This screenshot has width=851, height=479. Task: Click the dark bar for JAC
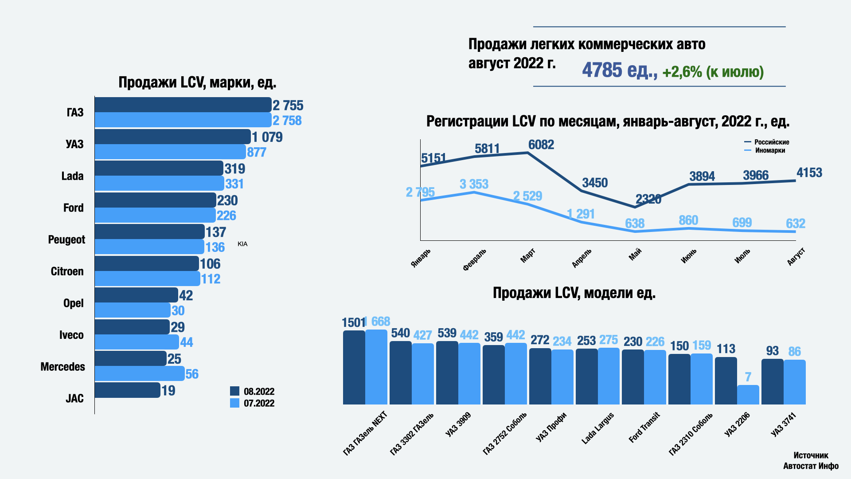tap(127, 390)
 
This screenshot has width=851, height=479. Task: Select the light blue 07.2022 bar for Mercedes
tap(139, 373)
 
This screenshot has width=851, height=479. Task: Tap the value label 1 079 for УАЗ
tap(267, 137)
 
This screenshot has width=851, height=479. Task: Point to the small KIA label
tap(242, 244)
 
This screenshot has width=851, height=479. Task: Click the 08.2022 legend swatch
tap(234, 391)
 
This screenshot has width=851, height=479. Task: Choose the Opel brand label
tap(73, 303)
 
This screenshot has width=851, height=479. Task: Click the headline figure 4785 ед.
tap(619, 70)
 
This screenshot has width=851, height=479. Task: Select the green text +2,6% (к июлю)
tap(713, 72)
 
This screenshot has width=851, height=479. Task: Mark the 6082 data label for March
tap(541, 145)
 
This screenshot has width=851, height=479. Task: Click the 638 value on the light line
tap(635, 223)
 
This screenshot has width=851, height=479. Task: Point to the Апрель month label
tap(582, 258)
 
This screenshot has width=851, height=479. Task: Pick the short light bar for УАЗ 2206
tap(748, 395)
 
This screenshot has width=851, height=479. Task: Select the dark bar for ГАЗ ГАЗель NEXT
tap(354, 367)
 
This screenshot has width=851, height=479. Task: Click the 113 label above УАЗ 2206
tap(726, 349)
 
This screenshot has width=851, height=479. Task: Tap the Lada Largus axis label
tap(597, 428)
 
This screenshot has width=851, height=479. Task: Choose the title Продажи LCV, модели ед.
tap(574, 293)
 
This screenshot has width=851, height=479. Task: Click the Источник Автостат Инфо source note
tap(811, 460)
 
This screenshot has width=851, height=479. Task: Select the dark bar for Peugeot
tap(149, 232)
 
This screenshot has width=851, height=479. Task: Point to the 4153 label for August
tap(809, 173)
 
